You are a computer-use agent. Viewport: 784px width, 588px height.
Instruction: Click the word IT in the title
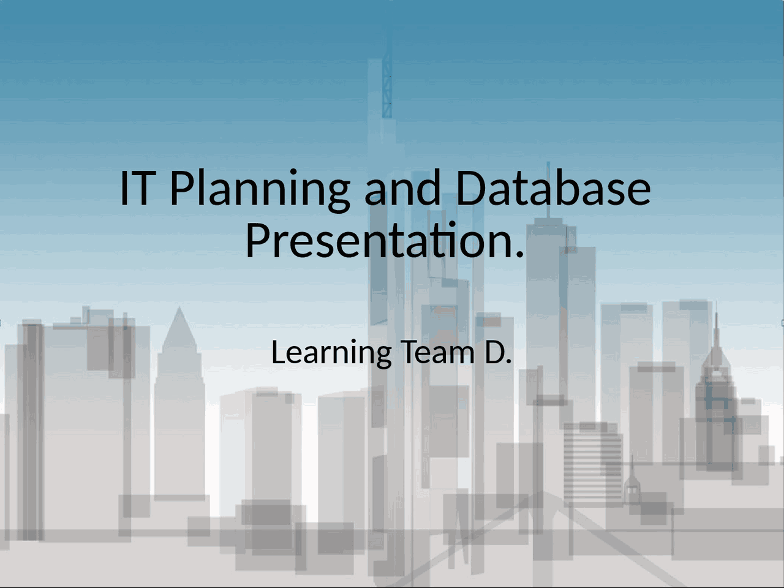135,189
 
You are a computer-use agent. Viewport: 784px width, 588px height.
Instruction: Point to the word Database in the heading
553,189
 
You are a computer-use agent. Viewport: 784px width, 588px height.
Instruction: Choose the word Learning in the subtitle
331,353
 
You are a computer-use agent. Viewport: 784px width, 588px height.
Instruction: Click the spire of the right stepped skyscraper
715,331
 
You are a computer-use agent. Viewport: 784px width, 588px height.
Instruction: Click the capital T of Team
409,352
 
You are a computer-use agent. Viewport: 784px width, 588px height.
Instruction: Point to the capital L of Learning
277,352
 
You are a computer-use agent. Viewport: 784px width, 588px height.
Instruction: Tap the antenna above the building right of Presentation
548,190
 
